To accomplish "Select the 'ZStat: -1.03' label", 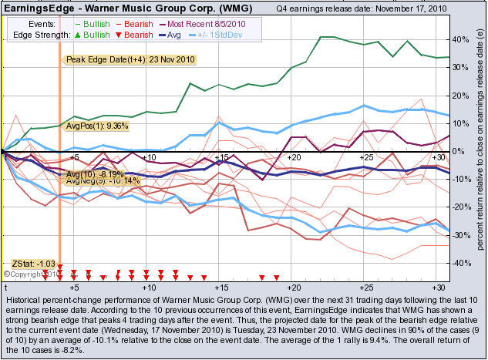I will (36, 264).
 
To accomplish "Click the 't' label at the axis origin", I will (5, 287).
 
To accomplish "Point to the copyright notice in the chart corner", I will (27, 273).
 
